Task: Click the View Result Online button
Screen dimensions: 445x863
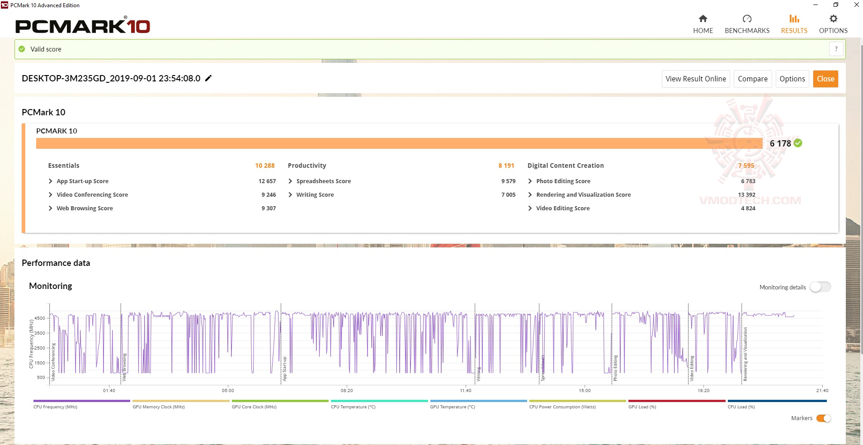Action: (695, 79)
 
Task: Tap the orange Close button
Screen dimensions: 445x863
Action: (825, 79)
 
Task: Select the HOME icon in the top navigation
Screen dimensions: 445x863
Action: (703, 19)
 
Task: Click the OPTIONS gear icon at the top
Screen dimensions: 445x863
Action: (833, 19)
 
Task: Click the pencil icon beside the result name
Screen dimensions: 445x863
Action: (208, 78)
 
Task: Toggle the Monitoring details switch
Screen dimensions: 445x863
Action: (820, 287)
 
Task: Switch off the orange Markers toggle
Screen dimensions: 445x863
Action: (824, 418)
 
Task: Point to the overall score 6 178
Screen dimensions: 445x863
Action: (780, 143)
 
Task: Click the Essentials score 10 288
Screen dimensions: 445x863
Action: (265, 166)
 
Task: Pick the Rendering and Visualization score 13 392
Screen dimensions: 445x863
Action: (746, 194)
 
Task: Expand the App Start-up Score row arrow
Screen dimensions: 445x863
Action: (51, 181)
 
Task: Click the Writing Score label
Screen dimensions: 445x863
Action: (315, 194)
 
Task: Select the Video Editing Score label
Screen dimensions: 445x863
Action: (563, 208)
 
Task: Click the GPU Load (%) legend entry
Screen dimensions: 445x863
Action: (642, 407)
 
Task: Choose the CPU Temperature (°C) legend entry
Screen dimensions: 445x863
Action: (353, 407)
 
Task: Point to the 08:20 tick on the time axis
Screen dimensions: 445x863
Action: (347, 390)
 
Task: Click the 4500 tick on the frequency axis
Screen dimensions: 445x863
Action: (40, 318)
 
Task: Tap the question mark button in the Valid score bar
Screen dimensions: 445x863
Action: (836, 49)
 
